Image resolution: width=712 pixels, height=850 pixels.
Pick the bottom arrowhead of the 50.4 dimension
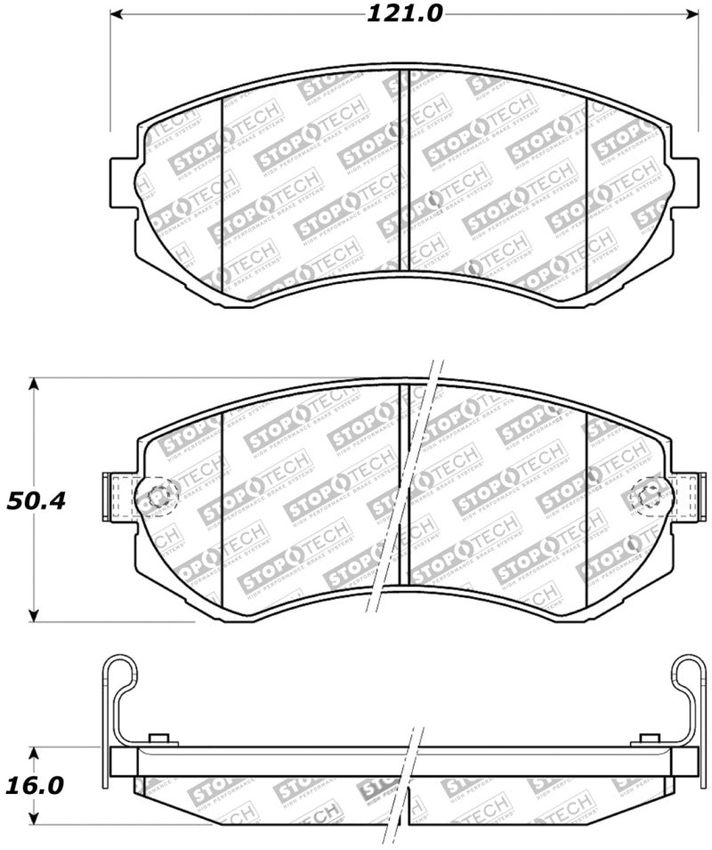(x=34, y=615)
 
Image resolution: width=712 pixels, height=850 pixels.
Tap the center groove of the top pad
(x=404, y=169)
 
